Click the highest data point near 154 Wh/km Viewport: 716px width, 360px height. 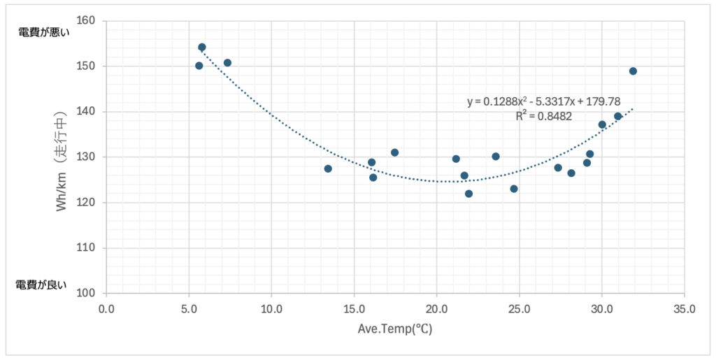pos(202,48)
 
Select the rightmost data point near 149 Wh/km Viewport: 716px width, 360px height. pos(633,71)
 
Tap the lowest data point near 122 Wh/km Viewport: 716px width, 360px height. pos(468,194)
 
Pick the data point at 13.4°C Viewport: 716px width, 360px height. pos(328,168)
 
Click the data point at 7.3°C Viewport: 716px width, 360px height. pos(227,63)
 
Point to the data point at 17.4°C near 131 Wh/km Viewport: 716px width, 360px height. pos(394,152)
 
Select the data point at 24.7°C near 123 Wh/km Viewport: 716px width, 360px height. pos(514,189)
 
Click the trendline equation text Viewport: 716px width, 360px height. pos(543,102)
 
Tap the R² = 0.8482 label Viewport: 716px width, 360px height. pos(543,117)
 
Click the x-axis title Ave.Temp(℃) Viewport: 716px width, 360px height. pos(396,329)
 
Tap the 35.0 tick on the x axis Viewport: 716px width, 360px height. pos(683,308)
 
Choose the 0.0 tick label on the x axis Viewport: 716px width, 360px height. pos(106,308)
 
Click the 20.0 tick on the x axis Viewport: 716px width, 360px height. pos(436,308)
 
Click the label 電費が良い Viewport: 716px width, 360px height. pos(41,284)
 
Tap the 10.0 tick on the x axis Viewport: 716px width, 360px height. pos(271,308)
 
